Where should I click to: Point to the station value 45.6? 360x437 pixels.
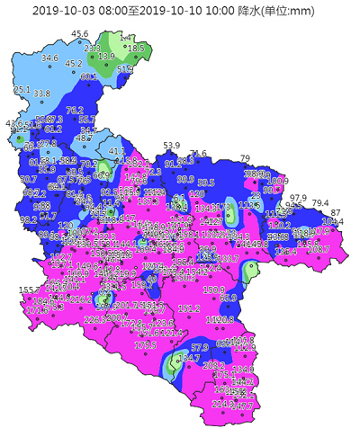80,34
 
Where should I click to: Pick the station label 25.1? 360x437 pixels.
22,90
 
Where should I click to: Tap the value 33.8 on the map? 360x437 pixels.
41,94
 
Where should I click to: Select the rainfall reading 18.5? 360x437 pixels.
135,48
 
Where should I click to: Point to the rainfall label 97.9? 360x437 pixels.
297,198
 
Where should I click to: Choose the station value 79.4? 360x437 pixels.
320,203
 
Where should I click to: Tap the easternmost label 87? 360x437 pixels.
336,212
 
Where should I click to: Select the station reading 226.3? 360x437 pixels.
94,319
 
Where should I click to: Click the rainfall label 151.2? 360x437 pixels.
189,308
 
